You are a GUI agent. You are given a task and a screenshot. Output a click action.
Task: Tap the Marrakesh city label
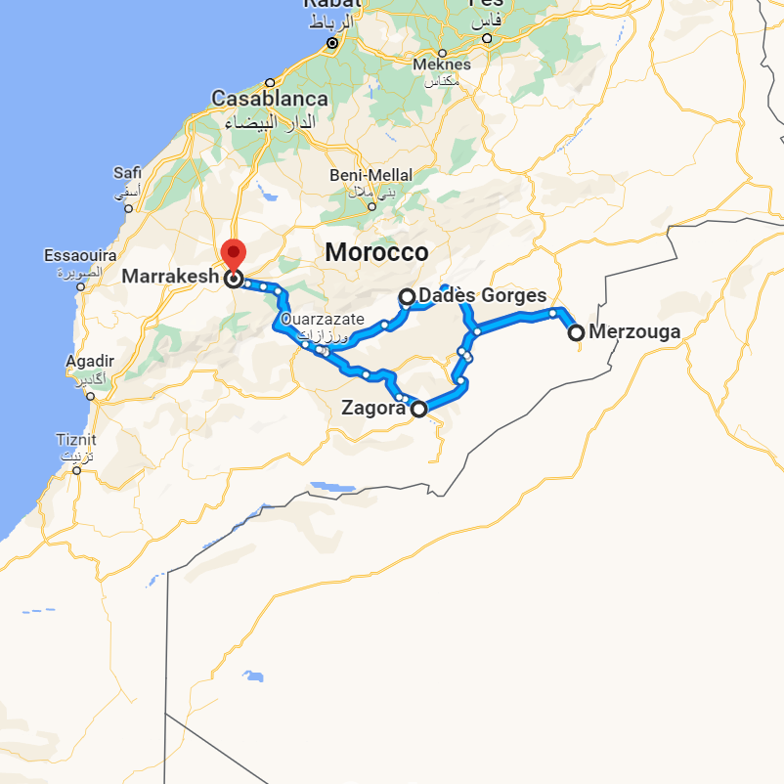pyautogui.click(x=170, y=278)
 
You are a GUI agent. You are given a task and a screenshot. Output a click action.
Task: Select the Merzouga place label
pyautogui.click(x=634, y=332)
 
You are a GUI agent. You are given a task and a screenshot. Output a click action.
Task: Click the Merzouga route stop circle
pyautogui.click(x=577, y=332)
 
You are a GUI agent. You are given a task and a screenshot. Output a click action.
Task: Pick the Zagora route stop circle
pyautogui.click(x=418, y=410)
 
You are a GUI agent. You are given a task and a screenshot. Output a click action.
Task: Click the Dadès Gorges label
pyautogui.click(x=482, y=296)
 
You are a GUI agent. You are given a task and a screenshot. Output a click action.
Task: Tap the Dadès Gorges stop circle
pyautogui.click(x=408, y=296)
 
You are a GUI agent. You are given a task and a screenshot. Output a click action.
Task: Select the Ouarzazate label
pyautogui.click(x=323, y=320)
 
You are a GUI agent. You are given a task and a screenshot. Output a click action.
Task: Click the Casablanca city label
pyautogui.click(x=270, y=100)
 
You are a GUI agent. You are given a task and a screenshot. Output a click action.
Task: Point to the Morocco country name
pyautogui.click(x=376, y=252)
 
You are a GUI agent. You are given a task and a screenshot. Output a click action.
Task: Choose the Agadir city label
pyautogui.click(x=90, y=362)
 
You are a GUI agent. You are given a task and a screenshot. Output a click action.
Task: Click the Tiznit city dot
pyautogui.click(x=77, y=471)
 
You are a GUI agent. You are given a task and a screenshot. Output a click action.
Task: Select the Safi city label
pyautogui.click(x=127, y=173)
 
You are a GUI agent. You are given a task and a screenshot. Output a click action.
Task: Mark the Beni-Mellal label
pyautogui.click(x=370, y=175)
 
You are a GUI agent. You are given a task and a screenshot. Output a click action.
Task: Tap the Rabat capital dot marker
pyautogui.click(x=332, y=43)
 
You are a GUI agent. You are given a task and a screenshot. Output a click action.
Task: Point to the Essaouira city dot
pyautogui.click(x=81, y=286)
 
